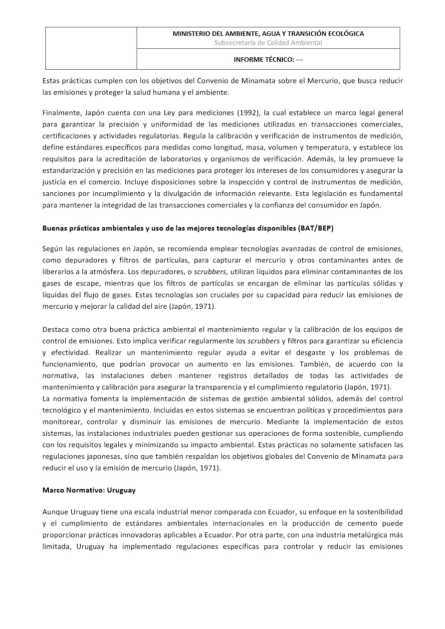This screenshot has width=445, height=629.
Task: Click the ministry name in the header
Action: [x=268, y=34]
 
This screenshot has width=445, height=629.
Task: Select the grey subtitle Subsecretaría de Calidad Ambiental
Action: [x=268, y=43]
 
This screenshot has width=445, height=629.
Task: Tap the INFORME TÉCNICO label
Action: [x=268, y=59]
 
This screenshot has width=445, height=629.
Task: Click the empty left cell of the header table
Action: [x=91, y=48]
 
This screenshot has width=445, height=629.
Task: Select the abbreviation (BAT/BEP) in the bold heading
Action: [x=316, y=229]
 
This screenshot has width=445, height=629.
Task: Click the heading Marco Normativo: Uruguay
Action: [x=89, y=490]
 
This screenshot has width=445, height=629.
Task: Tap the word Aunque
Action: [x=55, y=511]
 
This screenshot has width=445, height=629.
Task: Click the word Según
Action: [x=53, y=249]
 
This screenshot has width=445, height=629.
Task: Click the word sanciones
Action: [x=59, y=194]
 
